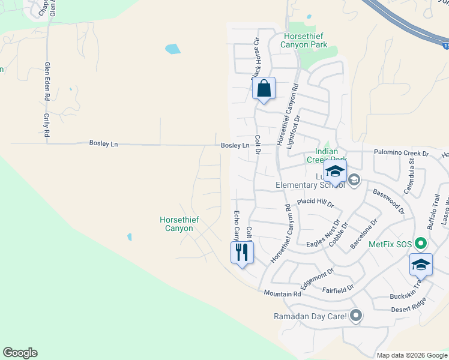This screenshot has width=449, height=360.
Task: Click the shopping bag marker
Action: pyautogui.click(x=264, y=89)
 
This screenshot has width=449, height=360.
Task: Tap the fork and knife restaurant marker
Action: pyautogui.click(x=242, y=251)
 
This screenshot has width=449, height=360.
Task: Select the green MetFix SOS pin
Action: pyautogui.click(x=421, y=244)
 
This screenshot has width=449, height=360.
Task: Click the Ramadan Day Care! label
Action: pyautogui.click(x=310, y=316)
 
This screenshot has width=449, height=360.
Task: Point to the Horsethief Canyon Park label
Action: pyautogui.click(x=306, y=41)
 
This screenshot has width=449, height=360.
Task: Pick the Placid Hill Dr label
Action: pyautogui.click(x=315, y=203)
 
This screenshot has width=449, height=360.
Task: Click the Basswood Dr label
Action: pyautogui.click(x=389, y=202)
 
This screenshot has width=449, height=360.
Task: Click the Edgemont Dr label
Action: pyautogui.click(x=316, y=280)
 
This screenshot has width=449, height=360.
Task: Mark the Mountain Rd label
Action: pyautogui.click(x=282, y=293)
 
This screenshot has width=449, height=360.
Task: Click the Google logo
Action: pyautogui.click(x=20, y=353)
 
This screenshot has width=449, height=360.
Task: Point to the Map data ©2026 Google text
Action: pyautogui.click(x=411, y=355)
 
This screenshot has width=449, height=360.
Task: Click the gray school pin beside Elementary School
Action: pyautogui.click(x=354, y=180)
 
